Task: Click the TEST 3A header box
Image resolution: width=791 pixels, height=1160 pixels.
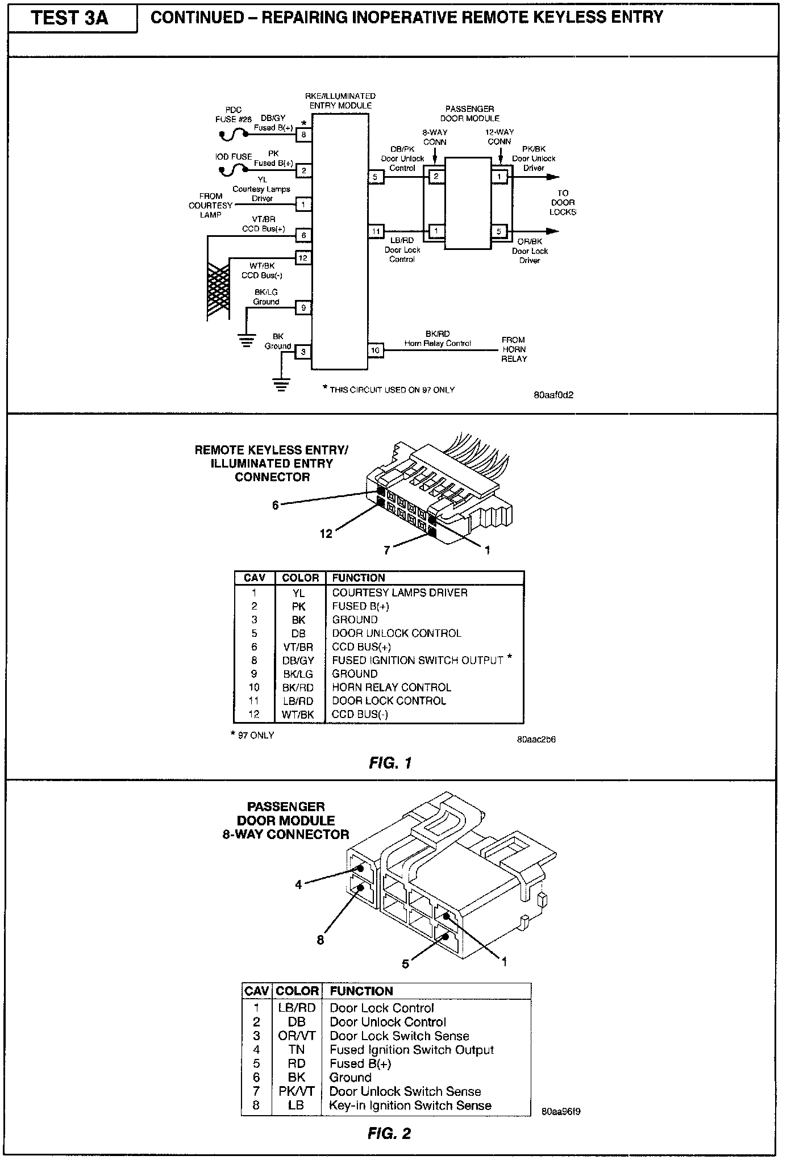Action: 70,19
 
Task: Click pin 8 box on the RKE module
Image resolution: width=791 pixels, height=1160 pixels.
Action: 304,135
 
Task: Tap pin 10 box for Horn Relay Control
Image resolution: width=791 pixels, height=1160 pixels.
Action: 375,350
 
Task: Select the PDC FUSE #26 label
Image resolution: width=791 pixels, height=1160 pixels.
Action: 234,114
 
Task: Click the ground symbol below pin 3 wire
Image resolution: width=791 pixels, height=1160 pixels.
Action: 280,385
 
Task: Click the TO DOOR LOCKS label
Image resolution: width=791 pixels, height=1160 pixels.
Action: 563,203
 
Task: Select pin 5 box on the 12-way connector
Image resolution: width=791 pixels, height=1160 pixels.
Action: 499,231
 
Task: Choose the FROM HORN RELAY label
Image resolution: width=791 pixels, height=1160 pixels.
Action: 514,349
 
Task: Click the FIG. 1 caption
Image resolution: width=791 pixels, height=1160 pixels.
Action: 390,763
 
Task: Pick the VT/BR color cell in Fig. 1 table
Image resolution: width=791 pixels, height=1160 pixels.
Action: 298,647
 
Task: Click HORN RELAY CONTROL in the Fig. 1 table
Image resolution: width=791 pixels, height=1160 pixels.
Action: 392,687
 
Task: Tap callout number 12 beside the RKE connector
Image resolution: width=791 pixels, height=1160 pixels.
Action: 326,534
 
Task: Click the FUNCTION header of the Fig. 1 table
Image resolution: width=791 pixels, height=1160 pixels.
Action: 359,578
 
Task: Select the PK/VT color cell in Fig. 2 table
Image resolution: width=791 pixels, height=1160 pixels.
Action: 297,1091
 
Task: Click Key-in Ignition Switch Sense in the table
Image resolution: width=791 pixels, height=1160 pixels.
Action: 410,1105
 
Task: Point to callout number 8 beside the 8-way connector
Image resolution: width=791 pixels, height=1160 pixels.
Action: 320,940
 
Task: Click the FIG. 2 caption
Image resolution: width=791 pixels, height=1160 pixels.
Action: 389,1134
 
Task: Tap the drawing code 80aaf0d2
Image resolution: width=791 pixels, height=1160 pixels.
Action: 553,395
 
